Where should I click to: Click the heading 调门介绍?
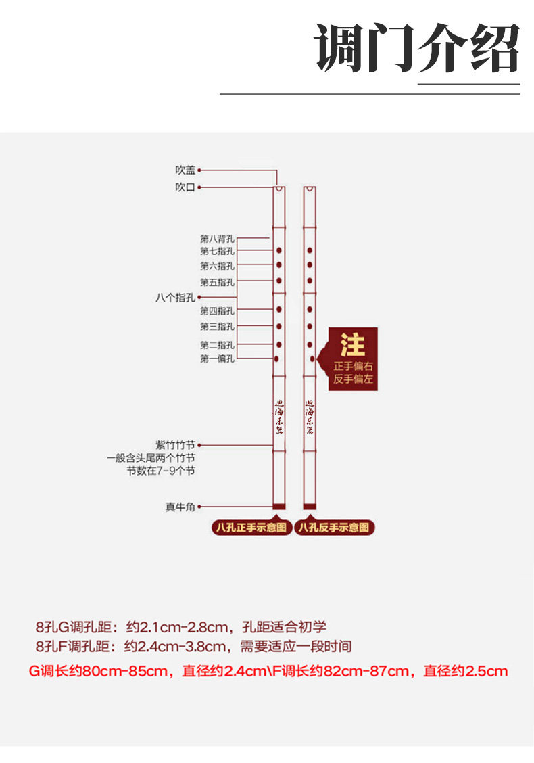tap(417, 48)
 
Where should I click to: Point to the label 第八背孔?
tap(217, 238)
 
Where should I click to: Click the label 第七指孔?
tap(217, 250)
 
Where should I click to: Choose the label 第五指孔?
tap(217, 281)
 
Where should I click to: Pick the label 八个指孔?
tap(175, 297)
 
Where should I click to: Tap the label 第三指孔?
tap(217, 326)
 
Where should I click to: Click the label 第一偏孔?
tap(217, 359)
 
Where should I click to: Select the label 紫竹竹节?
tap(175, 445)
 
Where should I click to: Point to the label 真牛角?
tap(180, 507)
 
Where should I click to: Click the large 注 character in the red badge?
tap(353, 344)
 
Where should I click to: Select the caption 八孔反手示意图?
tap(336, 528)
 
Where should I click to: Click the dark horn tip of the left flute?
tap(278, 506)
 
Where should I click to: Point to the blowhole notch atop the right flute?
tap(310, 189)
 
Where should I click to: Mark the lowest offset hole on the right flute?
tap(312, 358)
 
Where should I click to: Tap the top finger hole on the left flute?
tap(278, 250)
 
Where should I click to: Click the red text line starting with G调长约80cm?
tap(268, 672)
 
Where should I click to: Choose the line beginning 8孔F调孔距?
tap(193, 647)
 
